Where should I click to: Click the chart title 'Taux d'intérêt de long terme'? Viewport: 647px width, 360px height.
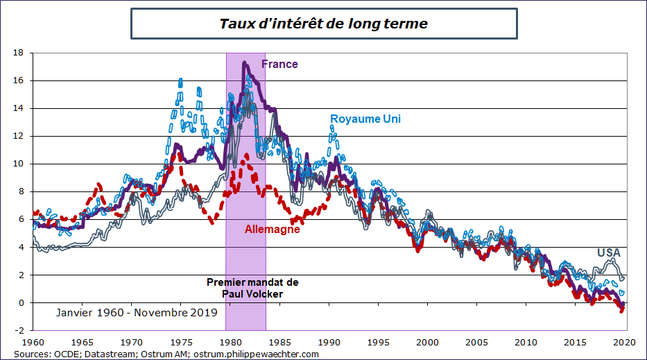point(323,24)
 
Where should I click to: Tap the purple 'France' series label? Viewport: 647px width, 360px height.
point(279,65)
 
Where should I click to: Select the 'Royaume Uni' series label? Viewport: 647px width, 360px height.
point(365,119)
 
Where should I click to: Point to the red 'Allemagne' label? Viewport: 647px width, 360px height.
point(273,229)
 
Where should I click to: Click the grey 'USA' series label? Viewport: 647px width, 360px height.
point(609,253)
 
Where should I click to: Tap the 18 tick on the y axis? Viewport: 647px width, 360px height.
point(19,53)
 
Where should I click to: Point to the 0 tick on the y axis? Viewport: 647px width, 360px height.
point(21,303)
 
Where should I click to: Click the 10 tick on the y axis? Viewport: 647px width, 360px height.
point(19,164)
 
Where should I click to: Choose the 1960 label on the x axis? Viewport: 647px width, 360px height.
point(33,342)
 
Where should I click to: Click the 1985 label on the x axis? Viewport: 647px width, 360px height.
point(279,342)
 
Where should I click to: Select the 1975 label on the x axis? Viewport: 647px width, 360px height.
point(181,342)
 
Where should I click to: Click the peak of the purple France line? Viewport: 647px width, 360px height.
point(244,63)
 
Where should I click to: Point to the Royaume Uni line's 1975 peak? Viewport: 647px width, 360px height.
point(180,80)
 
